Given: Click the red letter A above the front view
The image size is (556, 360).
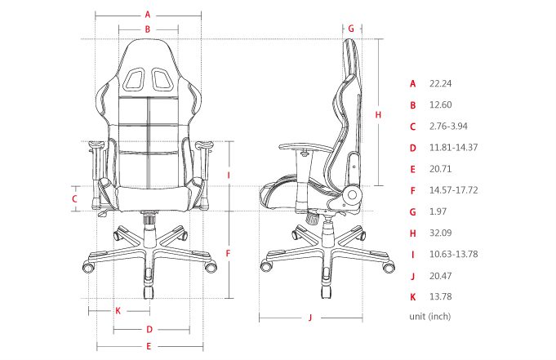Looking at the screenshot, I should point(148,14).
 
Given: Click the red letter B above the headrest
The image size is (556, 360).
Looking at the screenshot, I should point(148,29).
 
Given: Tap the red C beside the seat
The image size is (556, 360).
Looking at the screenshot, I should point(74,198).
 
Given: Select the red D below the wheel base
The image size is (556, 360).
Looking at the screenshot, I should point(149,330).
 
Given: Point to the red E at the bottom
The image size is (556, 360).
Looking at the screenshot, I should point(149,347).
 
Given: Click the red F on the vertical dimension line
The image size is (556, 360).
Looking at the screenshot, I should point(229,253).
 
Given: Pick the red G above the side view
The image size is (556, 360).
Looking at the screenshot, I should point(351,28).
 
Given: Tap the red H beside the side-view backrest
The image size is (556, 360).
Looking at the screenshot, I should point(378,115).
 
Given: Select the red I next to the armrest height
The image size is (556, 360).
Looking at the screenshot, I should point(229,175).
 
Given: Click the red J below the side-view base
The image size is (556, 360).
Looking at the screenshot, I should point(311,318).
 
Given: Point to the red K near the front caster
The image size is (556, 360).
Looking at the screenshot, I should point(118,310).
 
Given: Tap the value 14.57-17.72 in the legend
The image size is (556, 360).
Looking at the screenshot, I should point(453,190).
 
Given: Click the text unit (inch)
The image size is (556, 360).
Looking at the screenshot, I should point(430,316).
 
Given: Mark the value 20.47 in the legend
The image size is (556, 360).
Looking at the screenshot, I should point(440,275).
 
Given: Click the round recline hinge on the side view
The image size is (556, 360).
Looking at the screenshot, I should point(353,196).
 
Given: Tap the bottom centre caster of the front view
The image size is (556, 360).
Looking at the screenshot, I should point(149,291).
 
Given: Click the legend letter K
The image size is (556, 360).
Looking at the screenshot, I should point(413,296).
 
